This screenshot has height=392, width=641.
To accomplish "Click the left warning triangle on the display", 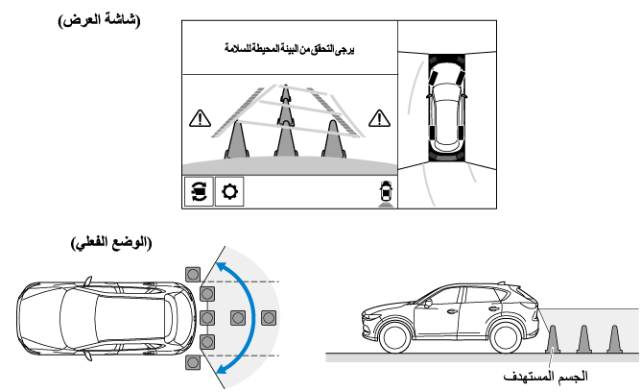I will click(x=199, y=119).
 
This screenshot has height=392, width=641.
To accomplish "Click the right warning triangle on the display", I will click(x=381, y=119).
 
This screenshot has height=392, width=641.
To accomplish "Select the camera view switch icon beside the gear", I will click(x=199, y=192).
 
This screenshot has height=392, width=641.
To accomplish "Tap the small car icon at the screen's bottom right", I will click(x=386, y=190).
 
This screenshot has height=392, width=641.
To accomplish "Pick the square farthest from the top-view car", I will click(x=269, y=316).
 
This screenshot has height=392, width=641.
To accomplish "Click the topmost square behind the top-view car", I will click(x=193, y=272).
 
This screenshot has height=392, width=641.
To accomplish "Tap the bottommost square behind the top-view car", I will click(x=193, y=360).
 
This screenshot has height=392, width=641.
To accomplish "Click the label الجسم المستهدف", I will click(x=549, y=378).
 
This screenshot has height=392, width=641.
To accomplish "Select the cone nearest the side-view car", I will click(x=553, y=339).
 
